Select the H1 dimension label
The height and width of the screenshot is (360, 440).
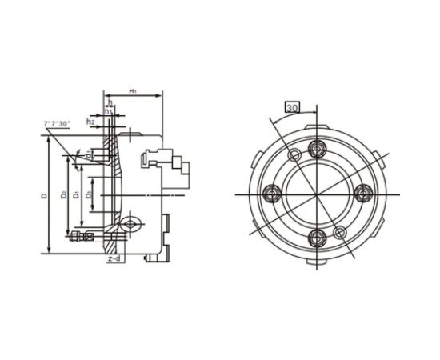132,93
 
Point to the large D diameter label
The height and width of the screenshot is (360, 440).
47,194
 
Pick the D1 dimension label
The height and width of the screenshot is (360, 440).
74,194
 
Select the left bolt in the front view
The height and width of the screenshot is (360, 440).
271,193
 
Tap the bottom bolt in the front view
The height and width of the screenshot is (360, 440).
318,237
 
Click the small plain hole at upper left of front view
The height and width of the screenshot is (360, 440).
294,154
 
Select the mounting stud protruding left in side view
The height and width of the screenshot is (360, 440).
79,236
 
